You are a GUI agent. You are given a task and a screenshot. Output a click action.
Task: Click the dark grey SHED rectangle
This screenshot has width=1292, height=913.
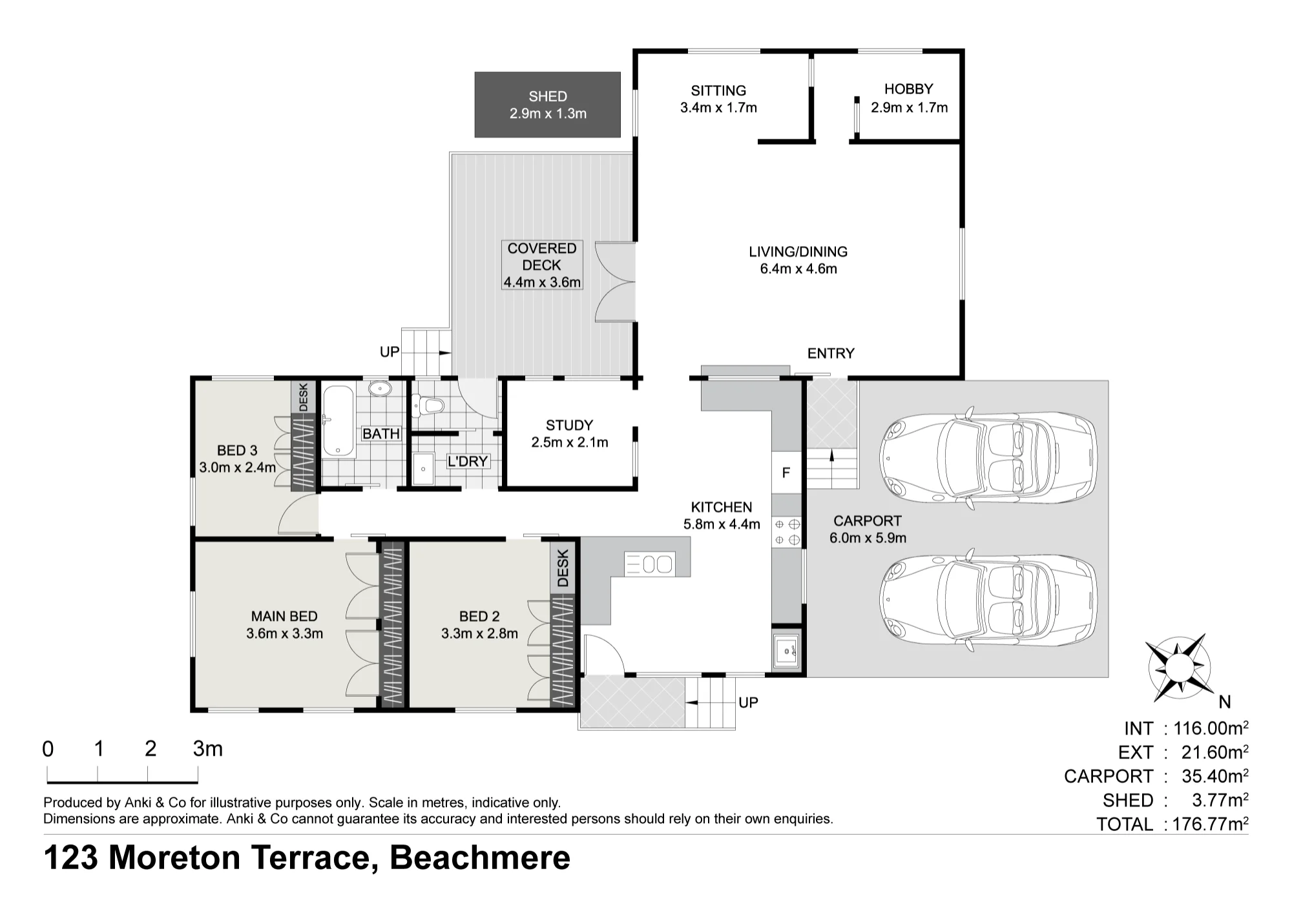click(547, 105)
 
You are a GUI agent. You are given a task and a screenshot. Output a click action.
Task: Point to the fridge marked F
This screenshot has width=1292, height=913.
click(786, 473)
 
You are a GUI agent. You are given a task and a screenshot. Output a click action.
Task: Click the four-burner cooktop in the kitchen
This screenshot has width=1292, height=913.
click(787, 531)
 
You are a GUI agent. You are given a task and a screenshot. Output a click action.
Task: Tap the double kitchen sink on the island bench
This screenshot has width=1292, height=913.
click(649, 564)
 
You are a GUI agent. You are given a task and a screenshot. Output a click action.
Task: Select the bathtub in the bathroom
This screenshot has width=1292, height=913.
click(338, 422)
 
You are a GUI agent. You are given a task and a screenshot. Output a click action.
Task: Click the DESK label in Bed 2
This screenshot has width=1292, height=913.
click(563, 568)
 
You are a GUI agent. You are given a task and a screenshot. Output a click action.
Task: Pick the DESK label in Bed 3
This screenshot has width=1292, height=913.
click(303, 396)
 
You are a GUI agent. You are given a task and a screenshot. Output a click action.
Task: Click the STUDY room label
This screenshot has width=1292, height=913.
click(569, 425)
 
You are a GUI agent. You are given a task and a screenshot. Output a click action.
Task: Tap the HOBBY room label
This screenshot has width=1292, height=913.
click(908, 89)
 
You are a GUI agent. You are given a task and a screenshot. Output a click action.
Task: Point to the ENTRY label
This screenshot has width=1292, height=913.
click(831, 353)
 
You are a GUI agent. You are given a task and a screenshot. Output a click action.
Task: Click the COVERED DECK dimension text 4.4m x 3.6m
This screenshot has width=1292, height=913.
click(542, 282)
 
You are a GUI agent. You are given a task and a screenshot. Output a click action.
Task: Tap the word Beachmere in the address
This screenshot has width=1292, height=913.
click(480, 857)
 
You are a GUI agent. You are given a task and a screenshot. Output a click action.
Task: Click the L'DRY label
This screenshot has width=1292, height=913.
click(468, 462)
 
